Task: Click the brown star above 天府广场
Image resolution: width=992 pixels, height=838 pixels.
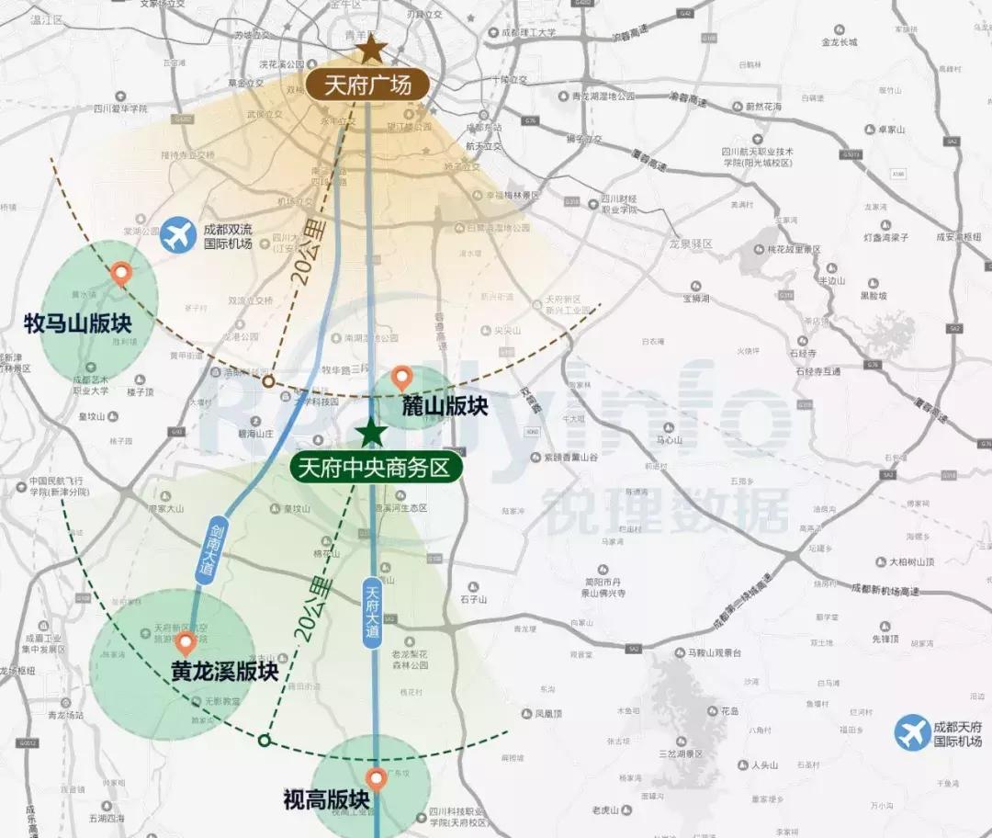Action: (x=371, y=49)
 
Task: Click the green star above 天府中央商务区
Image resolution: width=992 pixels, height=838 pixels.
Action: (x=371, y=432)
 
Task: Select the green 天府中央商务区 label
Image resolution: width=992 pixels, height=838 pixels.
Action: (x=375, y=468)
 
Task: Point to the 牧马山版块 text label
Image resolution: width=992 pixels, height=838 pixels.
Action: (x=79, y=323)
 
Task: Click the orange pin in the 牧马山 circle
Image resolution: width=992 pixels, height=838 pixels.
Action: (x=120, y=274)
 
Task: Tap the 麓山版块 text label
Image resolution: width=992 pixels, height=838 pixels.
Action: (x=445, y=406)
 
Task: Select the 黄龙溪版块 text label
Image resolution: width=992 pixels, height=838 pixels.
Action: (x=225, y=672)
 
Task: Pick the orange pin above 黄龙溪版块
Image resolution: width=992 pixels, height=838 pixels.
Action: (x=186, y=643)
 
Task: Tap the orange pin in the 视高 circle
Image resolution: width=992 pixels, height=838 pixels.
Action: (x=376, y=779)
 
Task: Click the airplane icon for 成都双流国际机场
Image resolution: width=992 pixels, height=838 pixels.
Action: (x=177, y=235)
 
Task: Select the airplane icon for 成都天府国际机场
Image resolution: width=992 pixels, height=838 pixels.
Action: (x=912, y=733)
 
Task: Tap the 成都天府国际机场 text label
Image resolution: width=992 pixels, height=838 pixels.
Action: (x=958, y=733)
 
